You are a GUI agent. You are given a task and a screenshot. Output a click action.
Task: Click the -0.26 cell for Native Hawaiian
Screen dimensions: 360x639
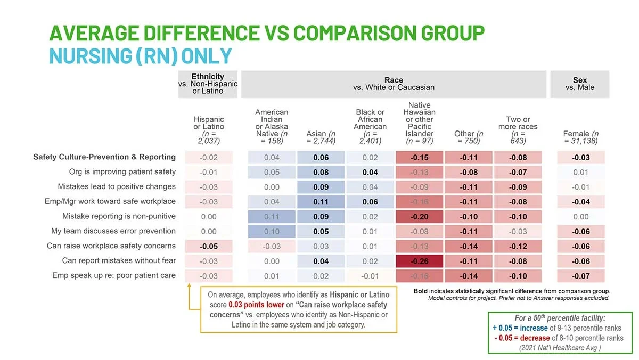(419, 261)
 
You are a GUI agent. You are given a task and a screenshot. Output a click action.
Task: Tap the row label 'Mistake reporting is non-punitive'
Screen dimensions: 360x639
(119, 216)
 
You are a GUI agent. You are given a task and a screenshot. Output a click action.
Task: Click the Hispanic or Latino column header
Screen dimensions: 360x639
(209, 130)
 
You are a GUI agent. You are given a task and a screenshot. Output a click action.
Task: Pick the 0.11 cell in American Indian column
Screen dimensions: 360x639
(272, 217)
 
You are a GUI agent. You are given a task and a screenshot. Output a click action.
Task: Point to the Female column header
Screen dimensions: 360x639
(580, 137)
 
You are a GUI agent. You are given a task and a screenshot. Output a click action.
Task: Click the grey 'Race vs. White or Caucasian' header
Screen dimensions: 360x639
(394, 84)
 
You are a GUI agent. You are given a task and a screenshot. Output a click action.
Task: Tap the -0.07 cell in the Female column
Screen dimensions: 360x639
(580, 276)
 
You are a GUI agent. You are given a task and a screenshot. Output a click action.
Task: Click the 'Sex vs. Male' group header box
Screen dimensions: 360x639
(580, 84)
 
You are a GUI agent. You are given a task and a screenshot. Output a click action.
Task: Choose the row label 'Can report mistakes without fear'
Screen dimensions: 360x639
(119, 260)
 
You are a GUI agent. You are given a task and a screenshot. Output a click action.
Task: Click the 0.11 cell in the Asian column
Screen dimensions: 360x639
(321, 202)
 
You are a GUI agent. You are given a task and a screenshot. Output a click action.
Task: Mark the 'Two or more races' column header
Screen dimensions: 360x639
(518, 130)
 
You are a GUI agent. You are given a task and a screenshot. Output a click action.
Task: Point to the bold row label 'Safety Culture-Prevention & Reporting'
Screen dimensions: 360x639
(104, 157)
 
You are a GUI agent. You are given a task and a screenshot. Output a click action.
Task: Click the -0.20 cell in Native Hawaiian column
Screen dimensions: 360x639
(419, 217)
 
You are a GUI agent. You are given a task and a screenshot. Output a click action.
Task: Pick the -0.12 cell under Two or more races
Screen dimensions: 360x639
(518, 246)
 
